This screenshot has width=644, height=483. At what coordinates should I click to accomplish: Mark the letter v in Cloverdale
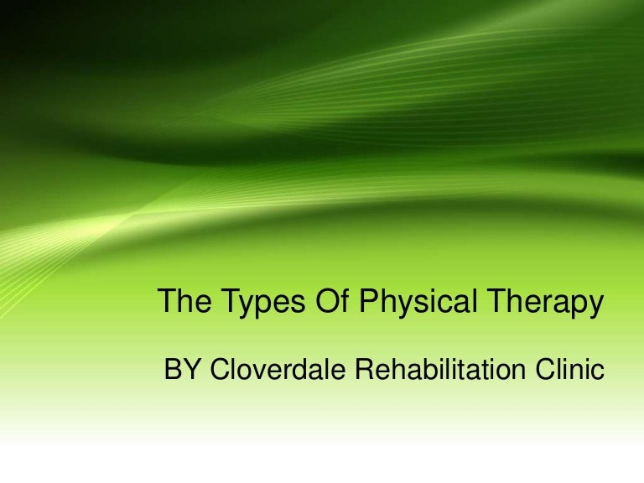tap(255, 371)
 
